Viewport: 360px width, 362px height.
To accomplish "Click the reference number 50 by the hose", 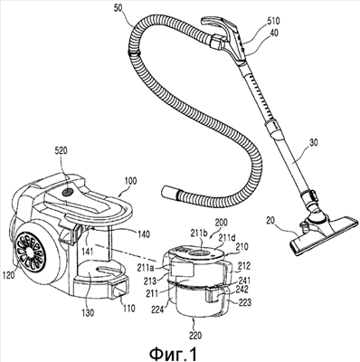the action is point(119,8).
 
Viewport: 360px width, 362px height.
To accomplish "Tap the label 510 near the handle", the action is point(273,21).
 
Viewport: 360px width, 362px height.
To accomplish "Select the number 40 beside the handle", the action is point(274,33).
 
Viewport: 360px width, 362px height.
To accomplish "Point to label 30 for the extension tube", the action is point(314,142).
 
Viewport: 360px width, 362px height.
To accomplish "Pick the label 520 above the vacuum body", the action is point(62,150).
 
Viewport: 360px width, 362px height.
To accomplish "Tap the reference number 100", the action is point(129,181).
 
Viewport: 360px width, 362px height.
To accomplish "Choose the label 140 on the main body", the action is point(143,234).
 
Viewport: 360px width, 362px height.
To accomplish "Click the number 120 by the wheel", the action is point(10,275).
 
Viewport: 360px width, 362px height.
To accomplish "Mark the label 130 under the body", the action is point(87,313).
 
